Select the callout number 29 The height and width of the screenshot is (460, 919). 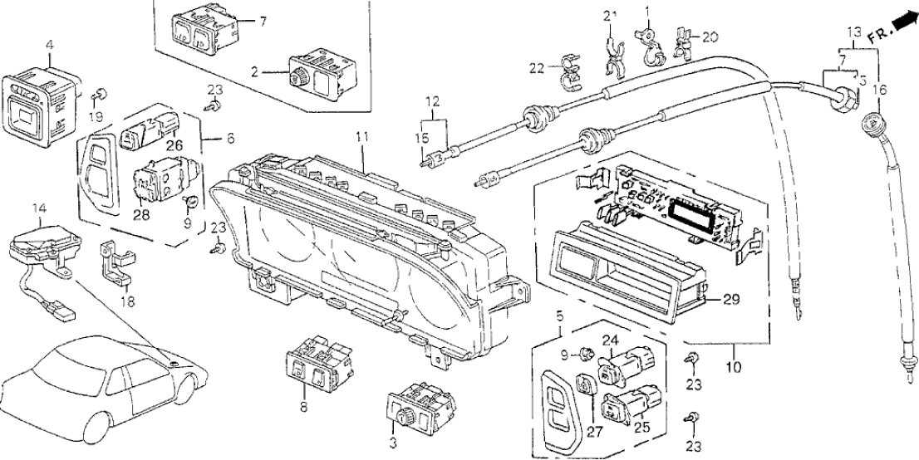730,297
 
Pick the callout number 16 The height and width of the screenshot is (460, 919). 882,89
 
